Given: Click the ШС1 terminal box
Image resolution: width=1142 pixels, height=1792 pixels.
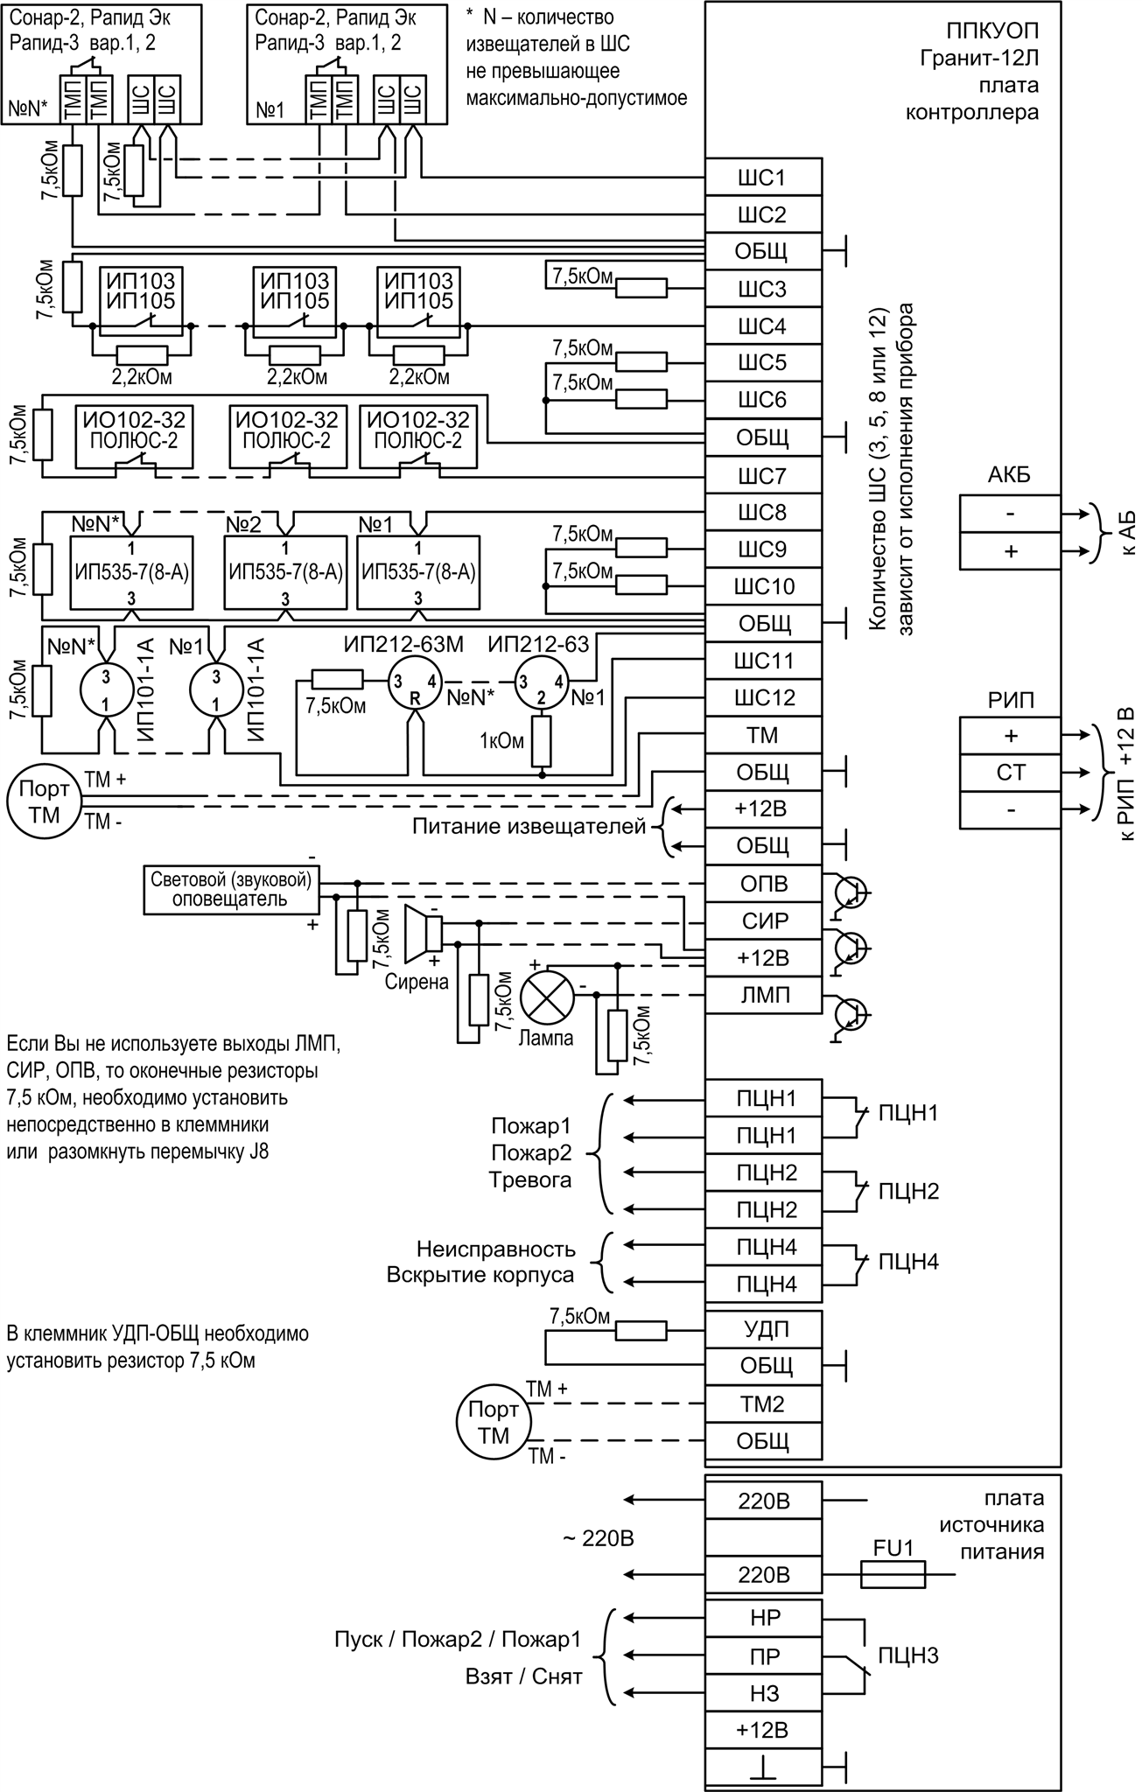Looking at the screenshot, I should pos(763,178).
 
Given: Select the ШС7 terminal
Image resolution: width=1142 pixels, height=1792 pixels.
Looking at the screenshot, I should pos(763,477).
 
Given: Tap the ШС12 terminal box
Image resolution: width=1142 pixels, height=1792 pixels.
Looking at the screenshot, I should pos(763,698).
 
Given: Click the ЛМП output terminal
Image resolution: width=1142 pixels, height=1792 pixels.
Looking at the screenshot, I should pos(763,996).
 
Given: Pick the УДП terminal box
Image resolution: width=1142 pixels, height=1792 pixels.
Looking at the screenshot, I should pos(763,1329).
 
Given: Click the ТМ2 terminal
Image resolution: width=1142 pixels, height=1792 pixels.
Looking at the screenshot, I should pos(763,1404).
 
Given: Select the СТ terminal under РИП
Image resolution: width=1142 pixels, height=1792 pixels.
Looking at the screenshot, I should pos(1010,773).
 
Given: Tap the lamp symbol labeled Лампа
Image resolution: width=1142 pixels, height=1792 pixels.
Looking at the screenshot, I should pos(546,997).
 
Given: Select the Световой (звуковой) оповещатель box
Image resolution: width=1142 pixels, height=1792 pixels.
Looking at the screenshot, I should pos(231,889).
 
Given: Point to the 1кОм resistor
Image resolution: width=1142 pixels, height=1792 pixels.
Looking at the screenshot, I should pos(543,741).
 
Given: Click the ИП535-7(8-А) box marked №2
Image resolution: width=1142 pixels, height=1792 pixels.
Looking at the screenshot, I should pos(284,573).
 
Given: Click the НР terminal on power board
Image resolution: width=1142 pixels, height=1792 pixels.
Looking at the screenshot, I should pos(763,1617).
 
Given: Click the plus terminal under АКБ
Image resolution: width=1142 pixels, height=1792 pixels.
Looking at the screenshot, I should pos(1010,551).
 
